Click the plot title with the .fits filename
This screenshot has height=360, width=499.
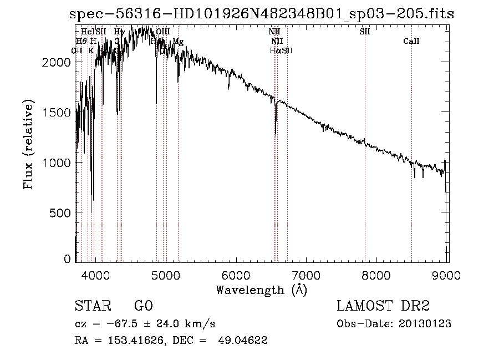pos(261,14)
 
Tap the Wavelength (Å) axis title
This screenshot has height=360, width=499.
pos(261,290)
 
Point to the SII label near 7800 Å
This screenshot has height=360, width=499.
pos(364,32)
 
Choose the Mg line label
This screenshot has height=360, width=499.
pos(178,42)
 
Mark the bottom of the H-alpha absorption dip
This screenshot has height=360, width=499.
pos(276,134)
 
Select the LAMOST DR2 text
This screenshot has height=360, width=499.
pos(383,306)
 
